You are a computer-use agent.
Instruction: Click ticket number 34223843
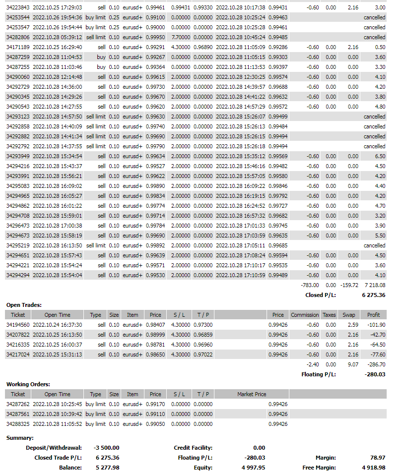(x=18, y=7)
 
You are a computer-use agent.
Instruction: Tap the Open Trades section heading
(x=23, y=305)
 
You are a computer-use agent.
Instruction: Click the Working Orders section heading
(x=28, y=384)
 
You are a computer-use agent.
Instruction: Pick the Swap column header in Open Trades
(x=348, y=315)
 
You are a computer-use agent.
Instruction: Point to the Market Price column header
(x=252, y=394)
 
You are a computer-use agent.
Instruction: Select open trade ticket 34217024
(x=18, y=355)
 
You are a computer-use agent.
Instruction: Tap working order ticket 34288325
(x=18, y=424)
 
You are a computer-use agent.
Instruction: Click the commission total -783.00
(x=310, y=285)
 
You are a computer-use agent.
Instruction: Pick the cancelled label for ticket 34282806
(x=374, y=37)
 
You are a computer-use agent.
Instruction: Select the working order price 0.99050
(x=155, y=424)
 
